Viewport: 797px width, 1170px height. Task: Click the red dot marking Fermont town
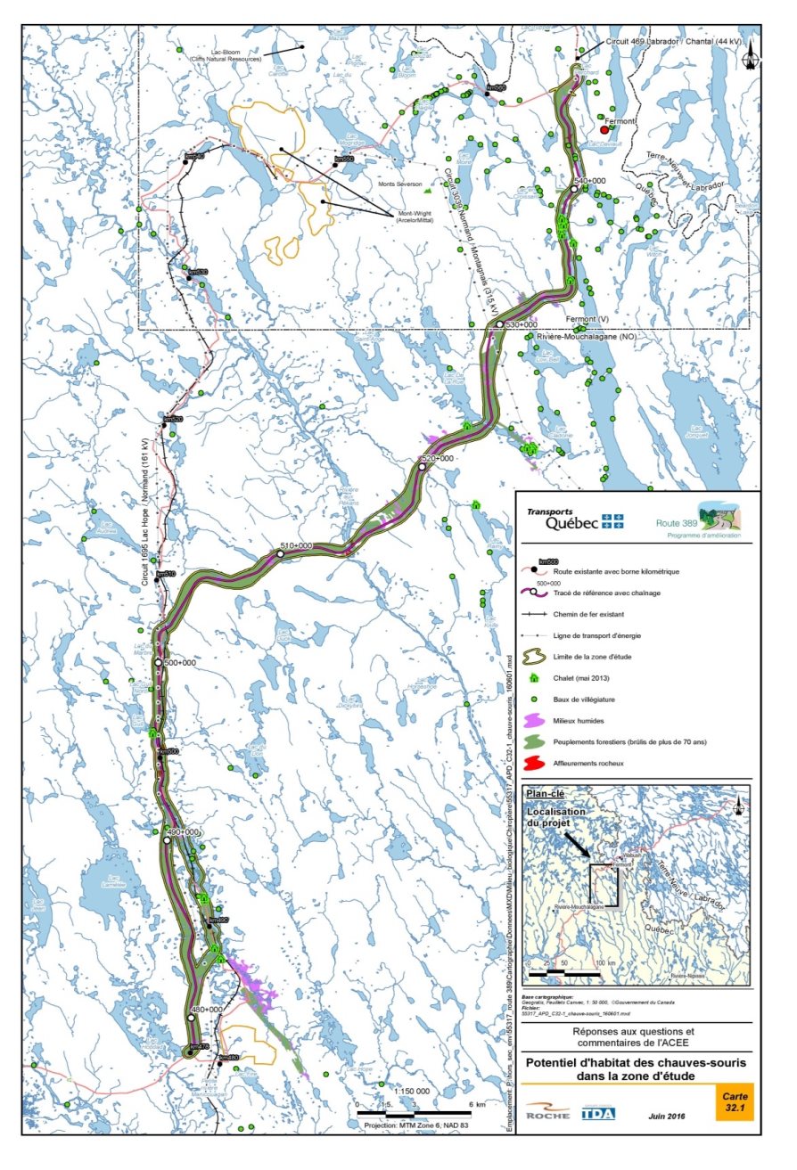[604, 130]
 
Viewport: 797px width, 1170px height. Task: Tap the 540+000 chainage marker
[575, 190]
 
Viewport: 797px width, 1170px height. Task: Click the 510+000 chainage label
[297, 545]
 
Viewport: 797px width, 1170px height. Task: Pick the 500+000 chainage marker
[159, 663]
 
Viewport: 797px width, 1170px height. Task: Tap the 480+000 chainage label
[207, 1009]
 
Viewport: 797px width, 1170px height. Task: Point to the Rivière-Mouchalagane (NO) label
[574, 337]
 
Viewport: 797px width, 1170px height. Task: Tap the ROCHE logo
[547, 1113]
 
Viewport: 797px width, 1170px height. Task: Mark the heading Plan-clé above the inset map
[547, 792]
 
